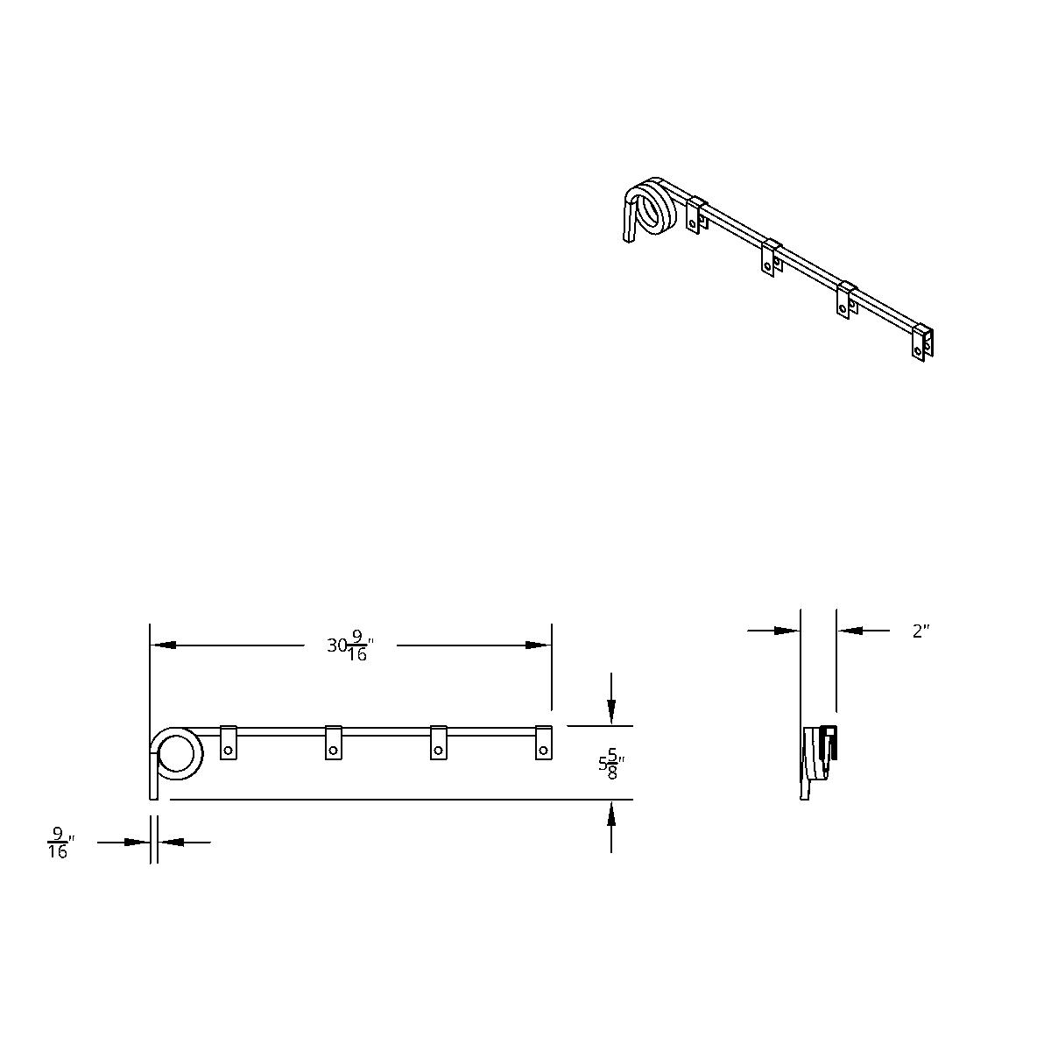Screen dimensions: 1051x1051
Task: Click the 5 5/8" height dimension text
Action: click(x=610, y=765)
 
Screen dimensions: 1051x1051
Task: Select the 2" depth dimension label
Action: click(x=921, y=631)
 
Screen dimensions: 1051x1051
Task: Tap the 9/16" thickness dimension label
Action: click(x=58, y=843)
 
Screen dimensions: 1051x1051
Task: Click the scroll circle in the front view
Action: click(x=179, y=753)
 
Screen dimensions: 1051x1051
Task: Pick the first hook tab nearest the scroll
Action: click(x=229, y=743)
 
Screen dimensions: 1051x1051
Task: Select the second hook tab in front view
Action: click(x=334, y=743)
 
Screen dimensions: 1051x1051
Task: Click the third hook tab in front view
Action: click(x=439, y=743)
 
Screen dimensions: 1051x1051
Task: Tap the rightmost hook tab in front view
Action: click(x=544, y=743)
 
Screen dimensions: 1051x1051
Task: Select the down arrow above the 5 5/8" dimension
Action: click(x=611, y=709)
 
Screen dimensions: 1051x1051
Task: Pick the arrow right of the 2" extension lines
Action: click(x=850, y=630)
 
